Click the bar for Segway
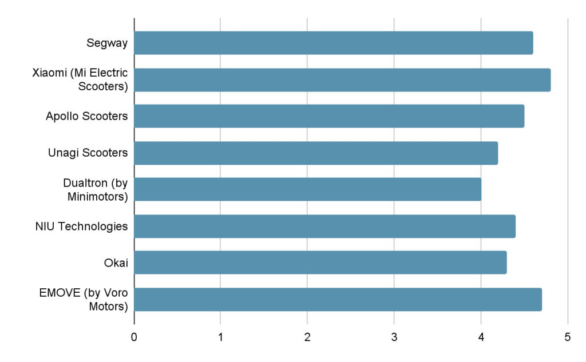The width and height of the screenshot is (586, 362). pos(334,43)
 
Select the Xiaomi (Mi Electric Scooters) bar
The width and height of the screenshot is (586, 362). pos(342,79)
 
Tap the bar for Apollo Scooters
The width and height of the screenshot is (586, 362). pos(329,116)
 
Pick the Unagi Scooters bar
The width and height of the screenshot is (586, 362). pos(316,153)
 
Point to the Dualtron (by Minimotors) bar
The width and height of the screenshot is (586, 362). pos(307,189)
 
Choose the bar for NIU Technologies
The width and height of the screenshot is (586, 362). pos(324,226)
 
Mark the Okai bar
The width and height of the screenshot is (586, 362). pos(320,262)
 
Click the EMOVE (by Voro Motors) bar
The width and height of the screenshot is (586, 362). pos(338,299)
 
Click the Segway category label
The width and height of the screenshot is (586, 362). pos(107,43)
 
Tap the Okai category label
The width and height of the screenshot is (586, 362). pos(116,262)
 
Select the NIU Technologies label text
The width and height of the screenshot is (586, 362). pos(81,226)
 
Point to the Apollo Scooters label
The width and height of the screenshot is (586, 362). pos(86,116)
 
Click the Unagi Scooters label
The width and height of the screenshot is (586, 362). pos(88,153)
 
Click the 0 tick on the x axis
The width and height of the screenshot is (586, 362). pos(134,337)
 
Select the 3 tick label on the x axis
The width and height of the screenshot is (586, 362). pos(394,337)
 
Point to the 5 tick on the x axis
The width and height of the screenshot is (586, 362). pos(567,337)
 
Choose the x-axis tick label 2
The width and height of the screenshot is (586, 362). pos(307,337)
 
